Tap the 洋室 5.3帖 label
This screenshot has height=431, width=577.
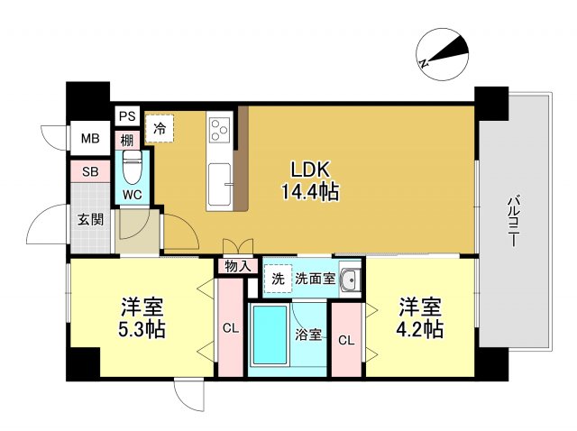142,316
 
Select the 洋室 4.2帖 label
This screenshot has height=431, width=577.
418,316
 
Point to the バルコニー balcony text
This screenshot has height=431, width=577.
513,220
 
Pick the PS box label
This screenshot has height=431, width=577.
127,116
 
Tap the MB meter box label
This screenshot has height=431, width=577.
90,138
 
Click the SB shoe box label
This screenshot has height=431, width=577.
90,171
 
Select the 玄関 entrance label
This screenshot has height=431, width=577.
89,218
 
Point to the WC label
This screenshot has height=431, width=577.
133,194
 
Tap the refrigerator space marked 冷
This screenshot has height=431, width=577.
160,128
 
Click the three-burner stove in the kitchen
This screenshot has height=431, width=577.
220,131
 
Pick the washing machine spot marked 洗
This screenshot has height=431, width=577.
279,280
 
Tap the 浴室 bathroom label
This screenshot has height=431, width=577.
308,335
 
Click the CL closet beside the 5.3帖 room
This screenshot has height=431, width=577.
230,328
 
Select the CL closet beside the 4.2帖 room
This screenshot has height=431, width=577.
345,340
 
